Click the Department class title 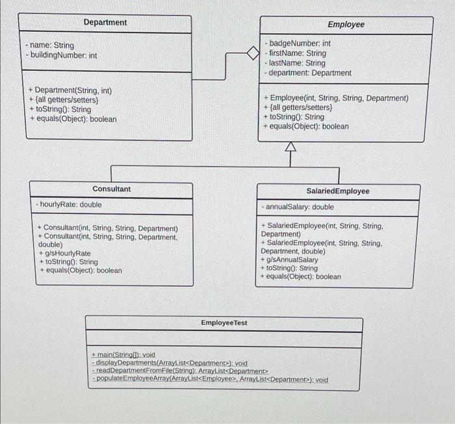click(105, 23)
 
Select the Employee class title click(346, 25)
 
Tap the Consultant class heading click(111, 189)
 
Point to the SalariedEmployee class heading click(338, 191)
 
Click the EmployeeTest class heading click(224, 323)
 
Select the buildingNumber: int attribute click(62, 56)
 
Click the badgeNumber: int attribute click(300, 44)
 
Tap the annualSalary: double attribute click(299, 207)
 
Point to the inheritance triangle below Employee click(290, 149)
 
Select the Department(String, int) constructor click(70, 90)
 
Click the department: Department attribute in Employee click(310, 73)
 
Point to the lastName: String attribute click(298, 64)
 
